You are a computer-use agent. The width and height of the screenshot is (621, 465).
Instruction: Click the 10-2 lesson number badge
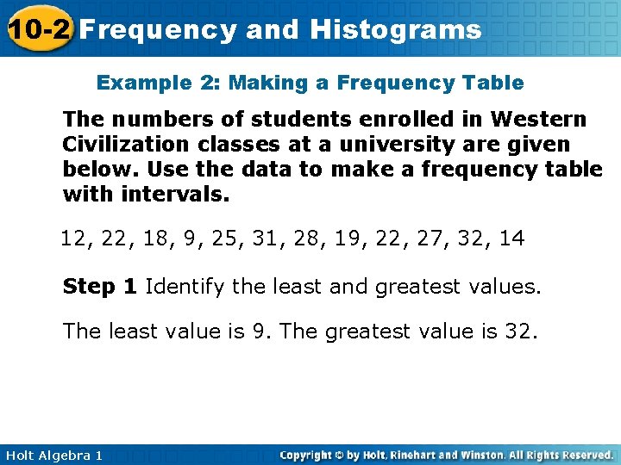37,30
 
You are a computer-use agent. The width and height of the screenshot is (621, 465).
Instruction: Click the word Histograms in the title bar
396,30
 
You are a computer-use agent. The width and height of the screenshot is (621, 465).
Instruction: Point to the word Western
535,119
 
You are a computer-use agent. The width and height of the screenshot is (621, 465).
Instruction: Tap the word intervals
174,194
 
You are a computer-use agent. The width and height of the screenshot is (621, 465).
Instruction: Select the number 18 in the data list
155,239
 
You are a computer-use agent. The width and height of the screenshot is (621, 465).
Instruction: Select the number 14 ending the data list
511,239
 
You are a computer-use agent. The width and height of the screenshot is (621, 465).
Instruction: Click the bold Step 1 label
99,287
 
